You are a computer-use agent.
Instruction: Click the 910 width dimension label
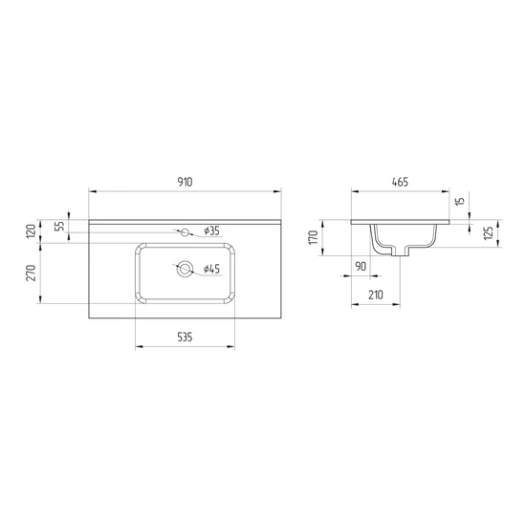coord(185,182)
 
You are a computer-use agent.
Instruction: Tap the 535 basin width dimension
coord(185,338)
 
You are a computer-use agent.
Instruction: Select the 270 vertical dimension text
coord(32,273)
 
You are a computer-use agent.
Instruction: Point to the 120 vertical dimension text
coord(32,230)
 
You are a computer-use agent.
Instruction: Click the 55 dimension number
coord(59,226)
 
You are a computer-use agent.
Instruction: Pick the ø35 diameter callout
coord(211,230)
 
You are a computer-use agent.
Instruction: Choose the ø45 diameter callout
coord(211,269)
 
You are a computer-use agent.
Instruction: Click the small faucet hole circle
coord(185,232)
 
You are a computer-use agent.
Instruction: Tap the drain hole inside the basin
coord(185,269)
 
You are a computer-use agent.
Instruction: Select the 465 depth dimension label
coord(400,182)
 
